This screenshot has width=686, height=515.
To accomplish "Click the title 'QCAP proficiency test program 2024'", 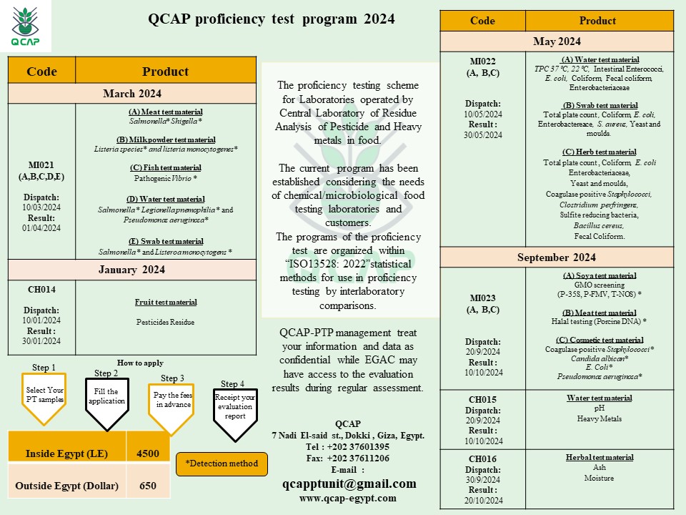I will click(x=271, y=19).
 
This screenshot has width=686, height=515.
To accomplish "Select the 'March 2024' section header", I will click(x=132, y=94).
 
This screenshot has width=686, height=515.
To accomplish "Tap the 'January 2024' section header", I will click(x=132, y=270).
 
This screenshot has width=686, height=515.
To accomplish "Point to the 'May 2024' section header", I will click(x=557, y=41).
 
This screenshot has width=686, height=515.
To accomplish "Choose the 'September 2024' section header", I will click(x=557, y=257).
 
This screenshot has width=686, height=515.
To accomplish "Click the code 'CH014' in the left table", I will click(x=41, y=290).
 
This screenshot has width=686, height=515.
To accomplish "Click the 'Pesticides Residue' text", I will click(x=165, y=322).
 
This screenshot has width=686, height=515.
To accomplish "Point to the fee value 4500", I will click(x=148, y=454).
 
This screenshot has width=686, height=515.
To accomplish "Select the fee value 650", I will click(x=148, y=486).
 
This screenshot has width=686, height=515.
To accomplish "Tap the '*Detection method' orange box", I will click(x=222, y=463).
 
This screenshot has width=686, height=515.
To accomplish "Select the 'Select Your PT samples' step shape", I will click(x=44, y=394).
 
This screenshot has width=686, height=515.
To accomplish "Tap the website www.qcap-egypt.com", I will click(x=347, y=499).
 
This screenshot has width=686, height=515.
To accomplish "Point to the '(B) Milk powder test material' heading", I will click(x=165, y=139).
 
